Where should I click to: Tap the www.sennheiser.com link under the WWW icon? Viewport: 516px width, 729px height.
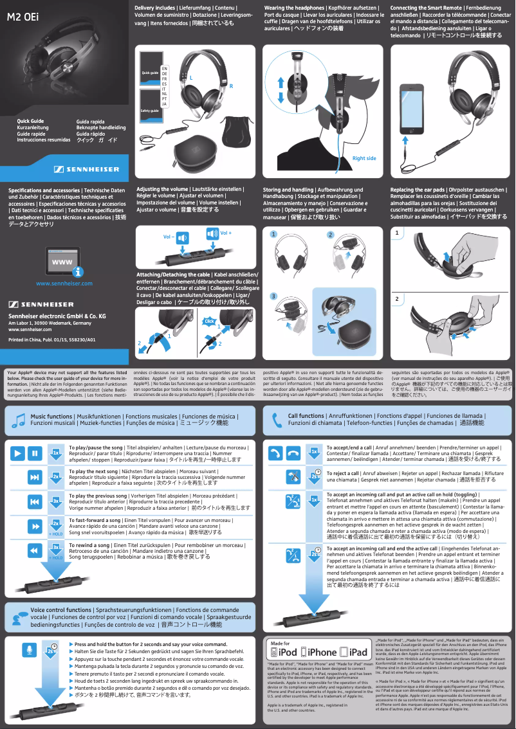point(64,283)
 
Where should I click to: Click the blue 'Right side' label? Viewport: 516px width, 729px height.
point(364,158)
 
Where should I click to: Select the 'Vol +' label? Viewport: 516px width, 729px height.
point(226,232)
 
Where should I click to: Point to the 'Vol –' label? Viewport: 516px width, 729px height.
point(169,237)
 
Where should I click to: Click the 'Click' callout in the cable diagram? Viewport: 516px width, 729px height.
point(208,321)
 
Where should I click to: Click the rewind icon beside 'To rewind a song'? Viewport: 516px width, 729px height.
point(35,551)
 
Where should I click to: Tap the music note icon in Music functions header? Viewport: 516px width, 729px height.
point(18,420)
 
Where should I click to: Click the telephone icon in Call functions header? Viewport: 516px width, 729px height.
point(277,420)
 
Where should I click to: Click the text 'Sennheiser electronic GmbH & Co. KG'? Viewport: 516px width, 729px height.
point(57,316)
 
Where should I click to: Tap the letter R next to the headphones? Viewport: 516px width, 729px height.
point(231,85)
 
